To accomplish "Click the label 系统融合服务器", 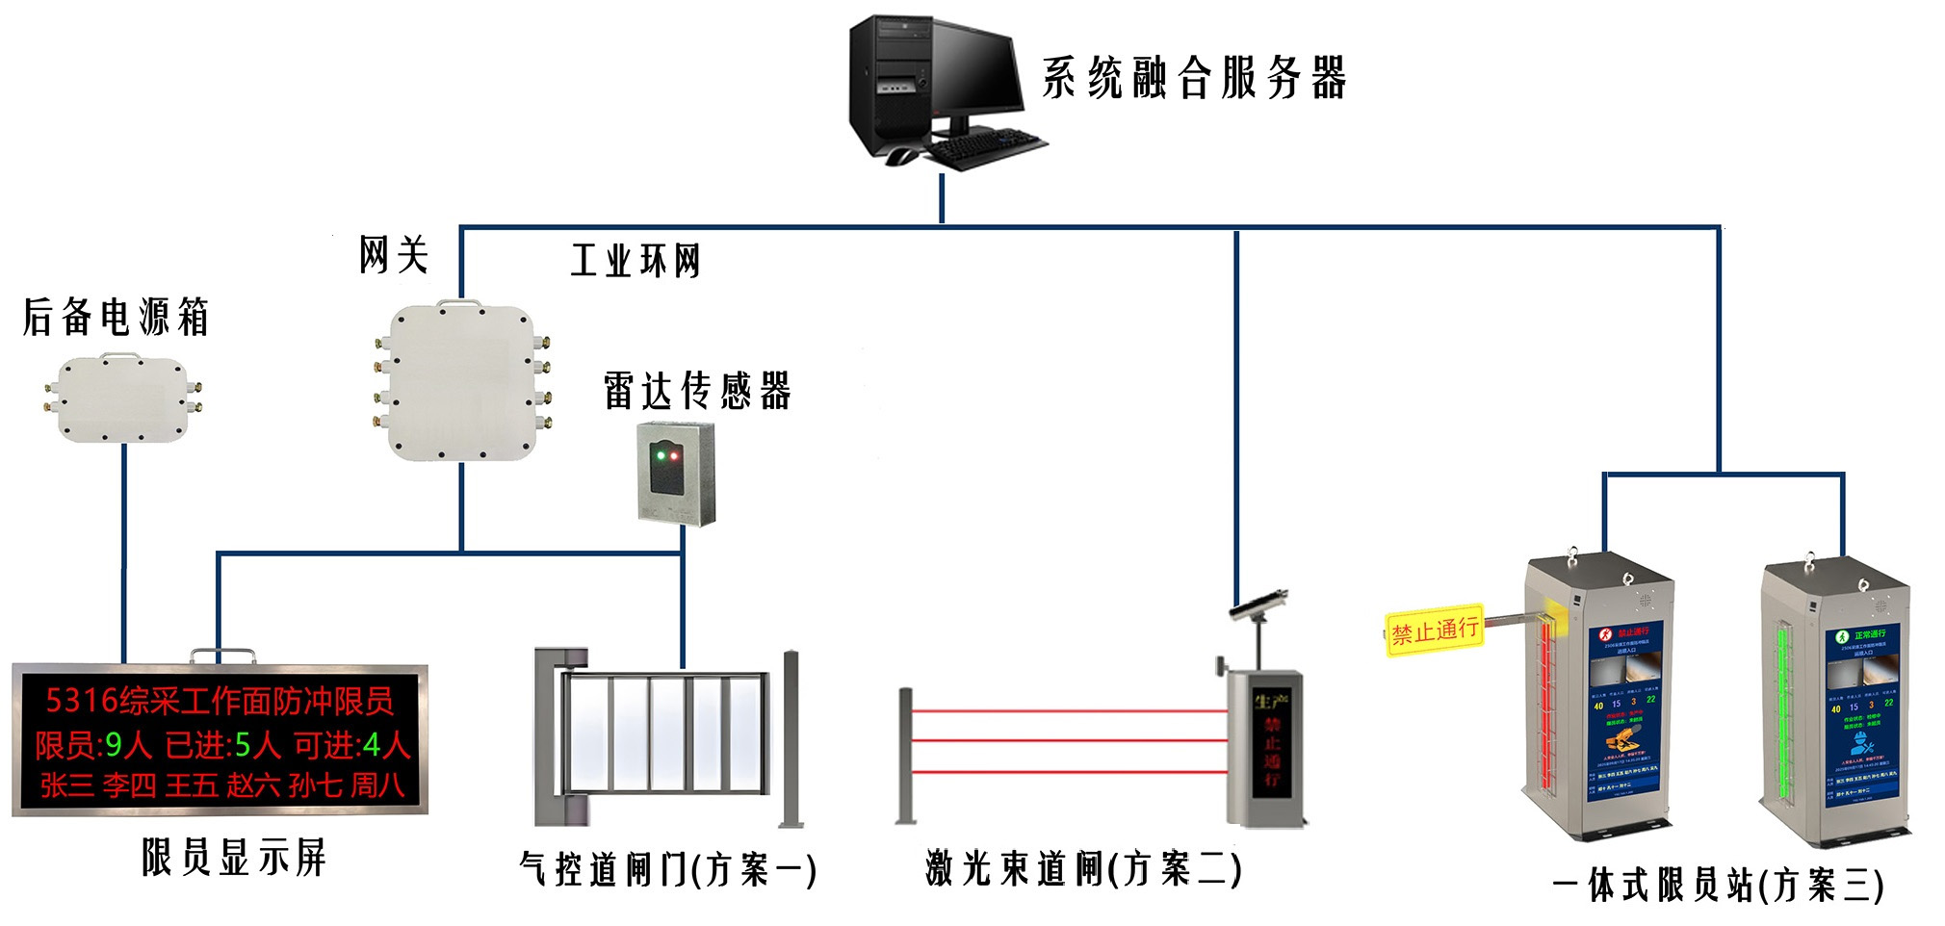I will pos(1194,78).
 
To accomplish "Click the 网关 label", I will pos(394,255).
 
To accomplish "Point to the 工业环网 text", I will pos(635,261).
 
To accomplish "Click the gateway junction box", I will pos(462,382).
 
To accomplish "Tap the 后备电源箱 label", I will pos(116,317).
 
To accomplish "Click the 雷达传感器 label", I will pos(697,392).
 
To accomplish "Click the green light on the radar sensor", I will pos(659,455).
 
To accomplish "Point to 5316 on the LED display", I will pos(82,700).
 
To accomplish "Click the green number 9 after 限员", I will pos(115,744).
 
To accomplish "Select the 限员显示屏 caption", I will pos(234,857).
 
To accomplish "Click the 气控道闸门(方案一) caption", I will pos(667,869).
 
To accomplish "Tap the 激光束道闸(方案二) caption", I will pos(1083,868).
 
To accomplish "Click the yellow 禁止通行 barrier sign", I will pos(1435,630).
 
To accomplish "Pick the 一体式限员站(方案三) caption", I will pos(1719,885).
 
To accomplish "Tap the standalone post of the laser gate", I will pos(905,756).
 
